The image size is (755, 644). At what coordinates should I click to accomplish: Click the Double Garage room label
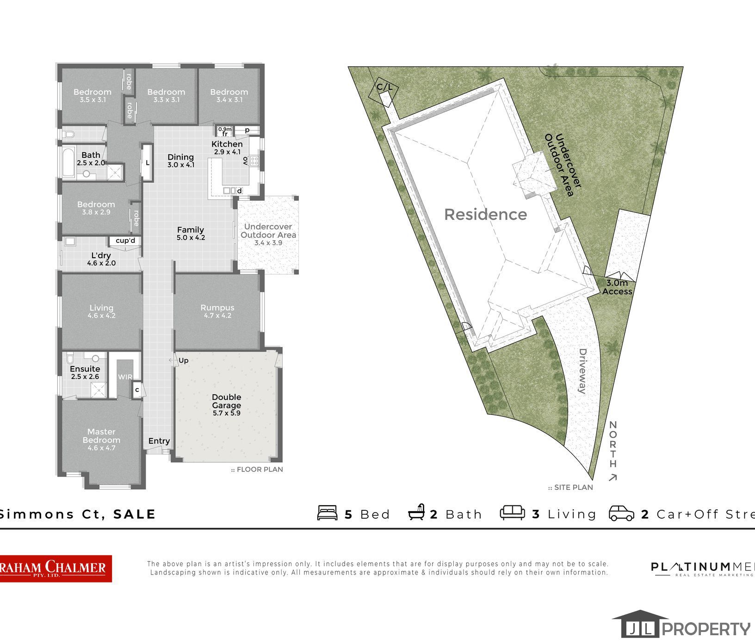click(227, 404)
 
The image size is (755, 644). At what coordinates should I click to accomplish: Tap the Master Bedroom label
click(101, 439)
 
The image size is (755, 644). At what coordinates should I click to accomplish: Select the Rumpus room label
click(217, 311)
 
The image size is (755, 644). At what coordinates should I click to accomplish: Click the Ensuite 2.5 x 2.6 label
click(85, 372)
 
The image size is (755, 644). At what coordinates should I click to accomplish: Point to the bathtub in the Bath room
click(68, 162)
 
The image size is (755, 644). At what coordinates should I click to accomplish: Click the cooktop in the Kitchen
click(254, 161)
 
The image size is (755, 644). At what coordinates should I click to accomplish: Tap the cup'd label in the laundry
click(125, 241)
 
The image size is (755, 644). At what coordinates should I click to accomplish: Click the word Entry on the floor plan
click(159, 441)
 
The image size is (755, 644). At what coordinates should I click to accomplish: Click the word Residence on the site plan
click(485, 214)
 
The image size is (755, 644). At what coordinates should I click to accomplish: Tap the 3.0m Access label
click(617, 287)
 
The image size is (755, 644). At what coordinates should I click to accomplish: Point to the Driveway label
click(582, 371)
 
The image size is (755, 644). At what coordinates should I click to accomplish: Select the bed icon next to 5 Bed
click(327, 513)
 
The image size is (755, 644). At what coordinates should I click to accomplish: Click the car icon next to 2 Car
click(621, 513)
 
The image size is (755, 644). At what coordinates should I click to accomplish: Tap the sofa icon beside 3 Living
click(512, 513)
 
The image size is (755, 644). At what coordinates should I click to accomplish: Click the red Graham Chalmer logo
click(56, 568)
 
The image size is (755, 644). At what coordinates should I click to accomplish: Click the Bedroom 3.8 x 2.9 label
click(96, 208)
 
